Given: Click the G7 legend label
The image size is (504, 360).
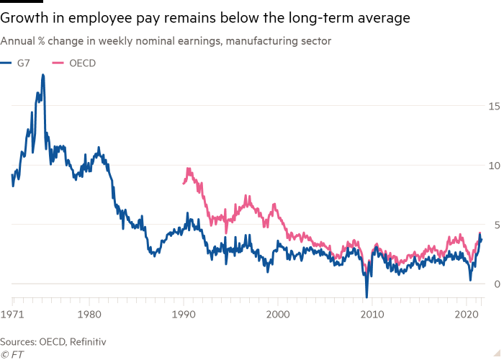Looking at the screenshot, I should pyautogui.click(x=23, y=63).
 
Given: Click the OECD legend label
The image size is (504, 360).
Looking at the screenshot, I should pyautogui.click(x=84, y=63).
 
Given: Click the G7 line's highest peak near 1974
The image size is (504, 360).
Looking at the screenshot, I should pyautogui.click(x=43, y=75).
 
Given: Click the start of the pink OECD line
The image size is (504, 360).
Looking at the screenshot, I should pyautogui.click(x=183, y=184).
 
